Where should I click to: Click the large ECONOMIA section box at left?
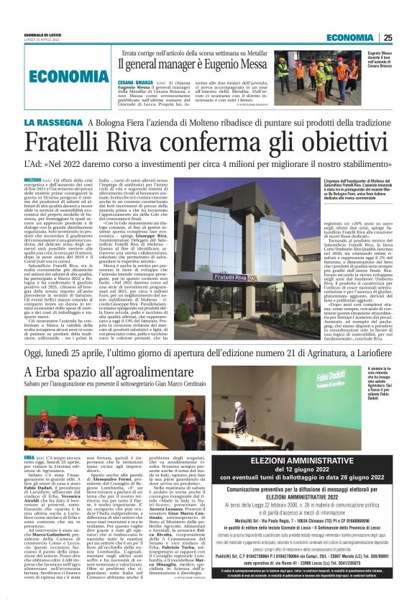click(60, 77)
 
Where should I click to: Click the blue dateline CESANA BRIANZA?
click(134, 83)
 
